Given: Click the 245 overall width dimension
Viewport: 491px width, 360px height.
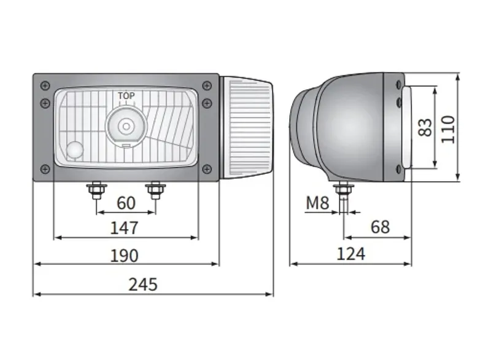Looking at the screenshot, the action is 143,284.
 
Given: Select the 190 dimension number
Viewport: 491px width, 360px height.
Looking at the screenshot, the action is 125,256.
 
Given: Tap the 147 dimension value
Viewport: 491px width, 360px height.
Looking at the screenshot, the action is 125,228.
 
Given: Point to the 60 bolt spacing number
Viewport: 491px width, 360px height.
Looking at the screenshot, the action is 126,203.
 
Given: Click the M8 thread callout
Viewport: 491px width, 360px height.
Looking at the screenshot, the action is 317,203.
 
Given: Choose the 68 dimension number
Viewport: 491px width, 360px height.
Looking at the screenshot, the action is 380,227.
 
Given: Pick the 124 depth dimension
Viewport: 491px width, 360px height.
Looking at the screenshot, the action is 350,254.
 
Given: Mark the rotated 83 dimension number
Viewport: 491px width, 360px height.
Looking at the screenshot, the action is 425,127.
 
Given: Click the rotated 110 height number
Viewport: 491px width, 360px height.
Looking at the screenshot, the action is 448,130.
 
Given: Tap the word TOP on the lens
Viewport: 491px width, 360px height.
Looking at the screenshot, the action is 126,96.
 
